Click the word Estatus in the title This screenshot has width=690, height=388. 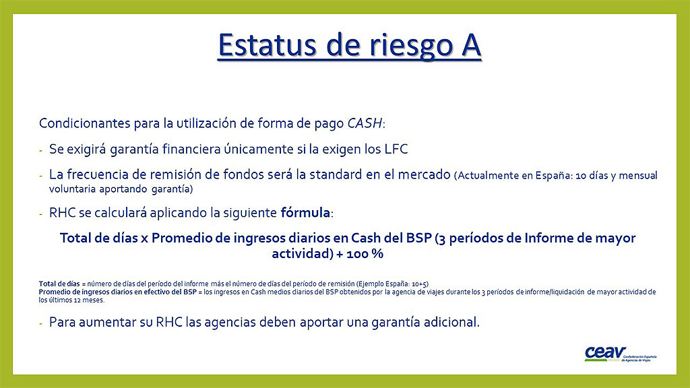coord(267,45)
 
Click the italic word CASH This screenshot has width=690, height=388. coord(365,123)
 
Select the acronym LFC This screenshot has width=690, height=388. coord(396,149)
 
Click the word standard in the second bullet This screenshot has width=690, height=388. coord(336,174)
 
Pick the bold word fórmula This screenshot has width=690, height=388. coord(305,212)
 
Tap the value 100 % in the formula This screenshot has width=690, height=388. coord(365,254)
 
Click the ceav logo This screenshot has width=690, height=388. coord(620,353)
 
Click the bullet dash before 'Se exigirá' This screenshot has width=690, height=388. coord(41,151)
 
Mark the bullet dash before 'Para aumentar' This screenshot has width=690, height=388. coord(41,324)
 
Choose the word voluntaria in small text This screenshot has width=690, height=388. coord(72,189)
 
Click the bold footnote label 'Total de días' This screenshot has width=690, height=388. coord(59,284)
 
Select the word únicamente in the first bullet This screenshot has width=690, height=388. coord(259,149)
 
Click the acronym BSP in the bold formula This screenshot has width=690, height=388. coord(419,238)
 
